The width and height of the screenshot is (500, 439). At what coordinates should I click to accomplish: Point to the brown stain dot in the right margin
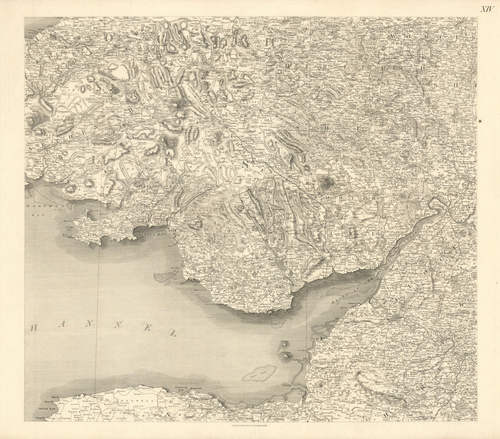[480, 120]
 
